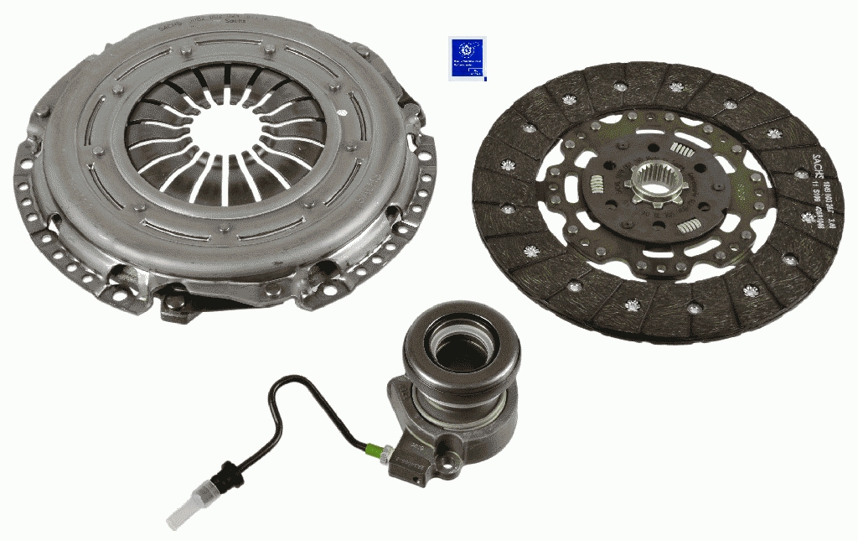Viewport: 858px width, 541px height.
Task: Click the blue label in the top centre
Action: coord(467,58)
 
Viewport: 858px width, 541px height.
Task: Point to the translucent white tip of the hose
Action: coord(179,512)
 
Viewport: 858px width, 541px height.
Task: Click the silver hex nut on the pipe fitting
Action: coord(384,452)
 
